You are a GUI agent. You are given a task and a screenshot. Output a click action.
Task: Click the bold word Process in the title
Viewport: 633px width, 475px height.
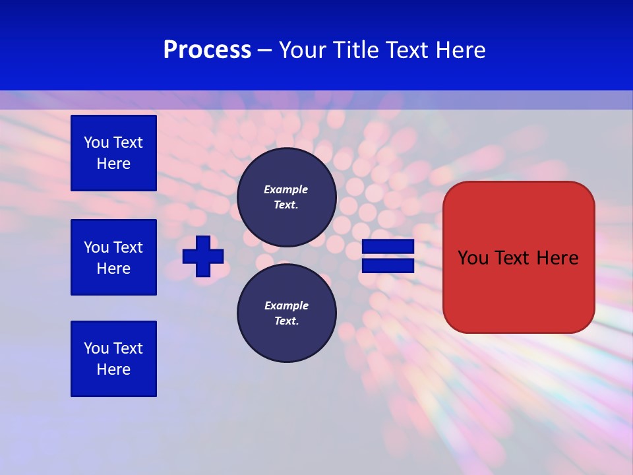coord(207,50)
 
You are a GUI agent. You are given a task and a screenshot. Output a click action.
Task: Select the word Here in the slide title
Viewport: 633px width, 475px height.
coord(460,50)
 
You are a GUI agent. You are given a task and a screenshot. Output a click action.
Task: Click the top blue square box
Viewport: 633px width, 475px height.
coord(113,153)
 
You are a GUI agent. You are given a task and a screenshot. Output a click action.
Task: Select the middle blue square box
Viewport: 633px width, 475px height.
coord(113,257)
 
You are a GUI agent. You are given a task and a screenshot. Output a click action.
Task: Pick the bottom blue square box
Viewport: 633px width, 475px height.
coord(113,359)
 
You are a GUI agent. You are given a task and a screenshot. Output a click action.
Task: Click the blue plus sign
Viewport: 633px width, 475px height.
coord(203,256)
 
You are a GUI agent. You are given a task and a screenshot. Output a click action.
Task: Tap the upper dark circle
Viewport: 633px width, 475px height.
coord(287,197)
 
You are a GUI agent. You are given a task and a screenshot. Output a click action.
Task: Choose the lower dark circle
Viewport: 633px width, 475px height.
coord(287,313)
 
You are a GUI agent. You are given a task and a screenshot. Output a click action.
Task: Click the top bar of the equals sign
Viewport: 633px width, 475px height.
coord(388,247)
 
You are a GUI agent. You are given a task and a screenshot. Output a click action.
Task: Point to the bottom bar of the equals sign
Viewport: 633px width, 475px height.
coord(388,266)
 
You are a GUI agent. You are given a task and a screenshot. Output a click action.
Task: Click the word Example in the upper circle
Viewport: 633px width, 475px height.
coord(286,189)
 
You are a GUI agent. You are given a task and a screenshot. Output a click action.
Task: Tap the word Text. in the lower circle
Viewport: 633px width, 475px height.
coord(286,321)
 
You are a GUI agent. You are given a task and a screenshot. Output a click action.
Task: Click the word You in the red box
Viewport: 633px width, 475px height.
coord(473,258)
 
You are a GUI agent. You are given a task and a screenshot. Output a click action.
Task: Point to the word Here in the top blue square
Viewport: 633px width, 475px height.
coord(113,164)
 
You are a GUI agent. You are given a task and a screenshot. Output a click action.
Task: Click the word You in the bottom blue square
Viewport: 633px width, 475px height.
coord(96,348)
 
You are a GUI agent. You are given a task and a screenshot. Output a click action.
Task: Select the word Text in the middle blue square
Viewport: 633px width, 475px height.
coord(128,247)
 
